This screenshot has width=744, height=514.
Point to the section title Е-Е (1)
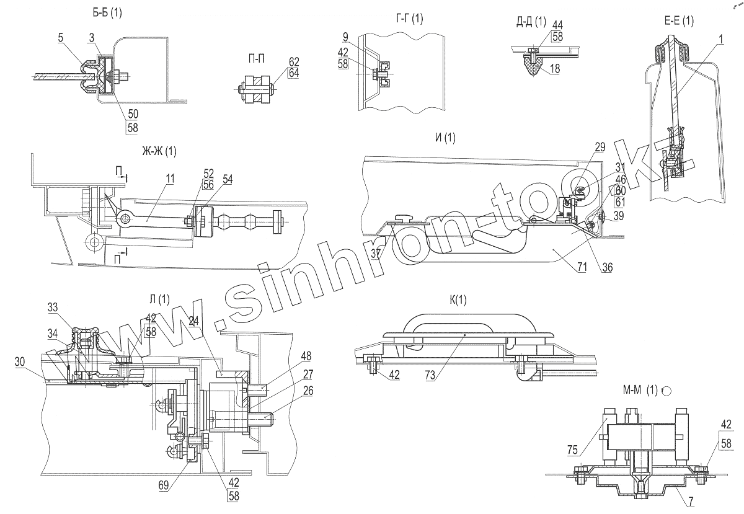[x=678, y=21]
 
